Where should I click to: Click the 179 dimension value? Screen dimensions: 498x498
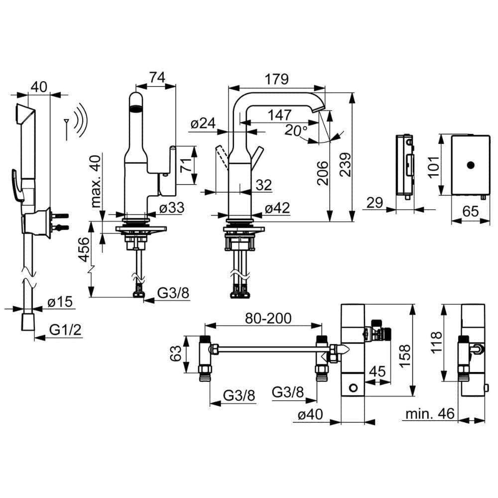click(276, 79)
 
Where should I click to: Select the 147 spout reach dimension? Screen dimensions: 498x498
click(279, 115)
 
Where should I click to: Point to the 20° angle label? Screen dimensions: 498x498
click(296, 130)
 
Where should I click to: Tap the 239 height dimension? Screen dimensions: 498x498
click(345, 164)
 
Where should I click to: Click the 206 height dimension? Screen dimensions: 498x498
click(323, 173)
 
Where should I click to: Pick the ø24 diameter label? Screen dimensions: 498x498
click(203, 123)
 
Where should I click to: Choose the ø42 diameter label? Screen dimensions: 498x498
click(277, 208)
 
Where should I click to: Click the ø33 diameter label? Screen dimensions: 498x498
click(172, 208)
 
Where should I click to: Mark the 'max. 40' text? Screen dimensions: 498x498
click(96, 181)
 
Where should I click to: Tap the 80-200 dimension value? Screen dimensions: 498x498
click(268, 318)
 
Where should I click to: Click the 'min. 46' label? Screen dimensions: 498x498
click(430, 413)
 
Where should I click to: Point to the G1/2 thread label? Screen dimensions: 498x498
click(65, 330)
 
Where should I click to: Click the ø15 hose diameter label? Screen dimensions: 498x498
click(60, 302)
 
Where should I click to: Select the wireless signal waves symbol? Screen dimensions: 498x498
click(80, 120)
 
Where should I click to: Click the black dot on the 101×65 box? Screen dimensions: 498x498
click(471, 165)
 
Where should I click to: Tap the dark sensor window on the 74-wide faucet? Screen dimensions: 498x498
click(136, 109)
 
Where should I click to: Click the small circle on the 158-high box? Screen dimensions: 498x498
click(353, 387)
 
